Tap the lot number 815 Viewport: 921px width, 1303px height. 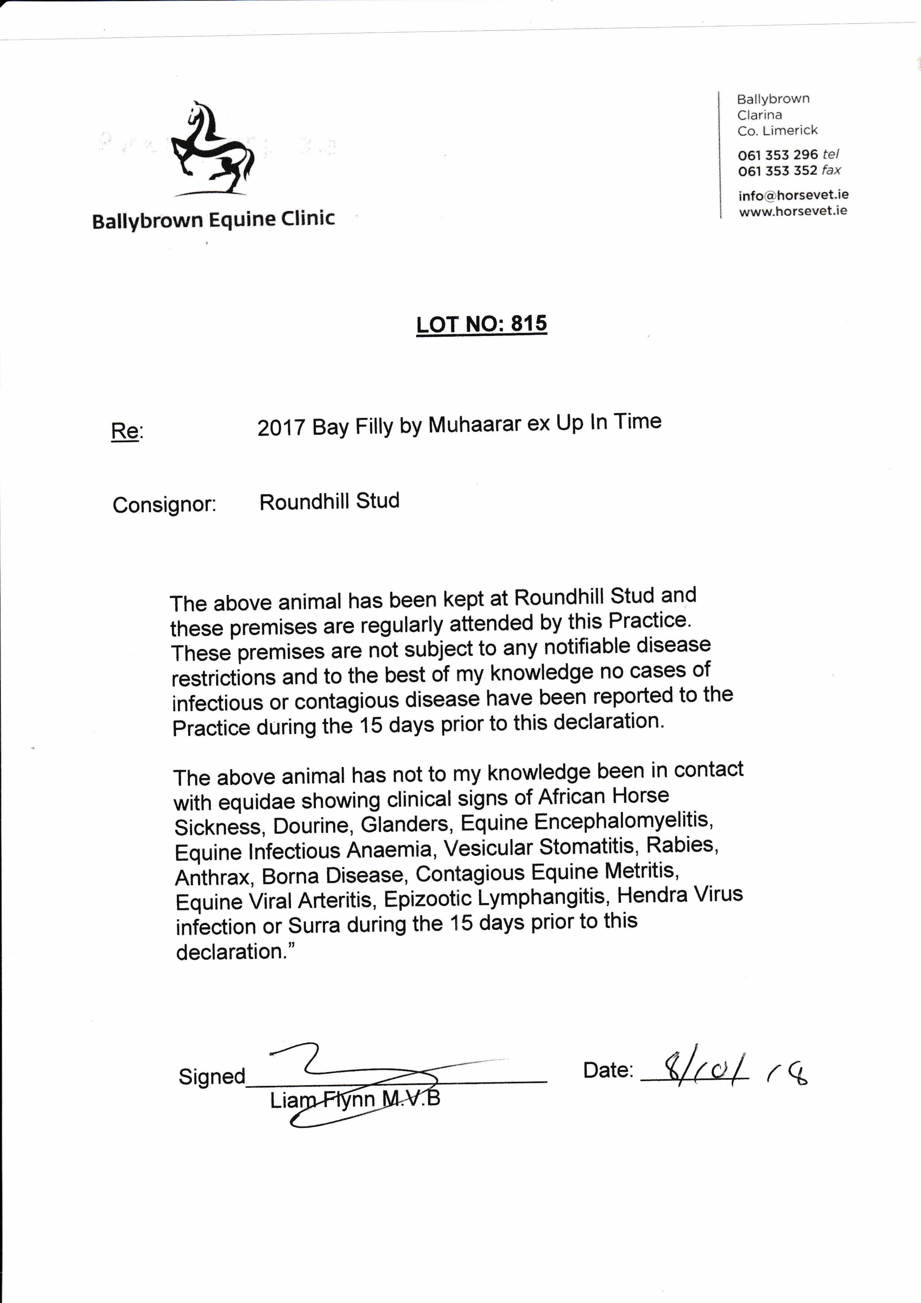[x=528, y=323]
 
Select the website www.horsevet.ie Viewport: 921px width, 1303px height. [x=793, y=211]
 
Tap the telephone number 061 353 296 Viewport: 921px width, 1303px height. [x=777, y=155]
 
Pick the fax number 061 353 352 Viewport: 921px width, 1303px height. [x=777, y=171]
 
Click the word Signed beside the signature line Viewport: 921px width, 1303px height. [x=212, y=1077]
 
